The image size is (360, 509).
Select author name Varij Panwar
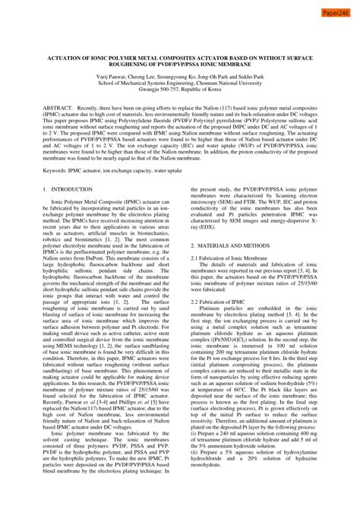[x=114, y=77]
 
